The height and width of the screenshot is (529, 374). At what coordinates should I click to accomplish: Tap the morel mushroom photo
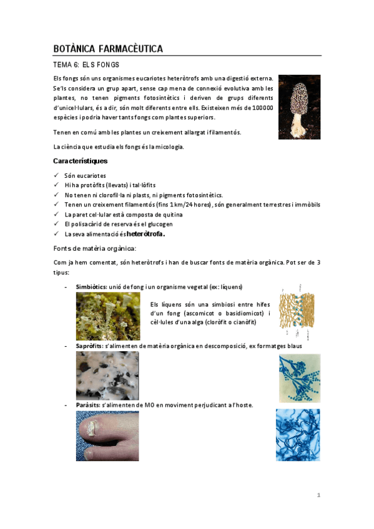[299, 107]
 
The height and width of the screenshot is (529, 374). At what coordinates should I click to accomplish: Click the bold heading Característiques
[80, 162]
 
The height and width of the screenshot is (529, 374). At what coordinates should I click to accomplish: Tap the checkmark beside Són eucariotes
[57, 175]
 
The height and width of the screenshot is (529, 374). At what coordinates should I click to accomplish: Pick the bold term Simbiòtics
[91, 286]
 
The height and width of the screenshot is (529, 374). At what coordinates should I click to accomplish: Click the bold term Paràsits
[88, 405]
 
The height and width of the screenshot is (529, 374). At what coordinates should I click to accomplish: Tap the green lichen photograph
[107, 316]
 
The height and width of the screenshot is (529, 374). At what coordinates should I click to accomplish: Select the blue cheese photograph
[107, 376]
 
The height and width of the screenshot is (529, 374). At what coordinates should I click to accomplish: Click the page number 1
[318, 495]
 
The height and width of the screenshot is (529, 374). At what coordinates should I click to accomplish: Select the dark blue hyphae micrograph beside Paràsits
[298, 435]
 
